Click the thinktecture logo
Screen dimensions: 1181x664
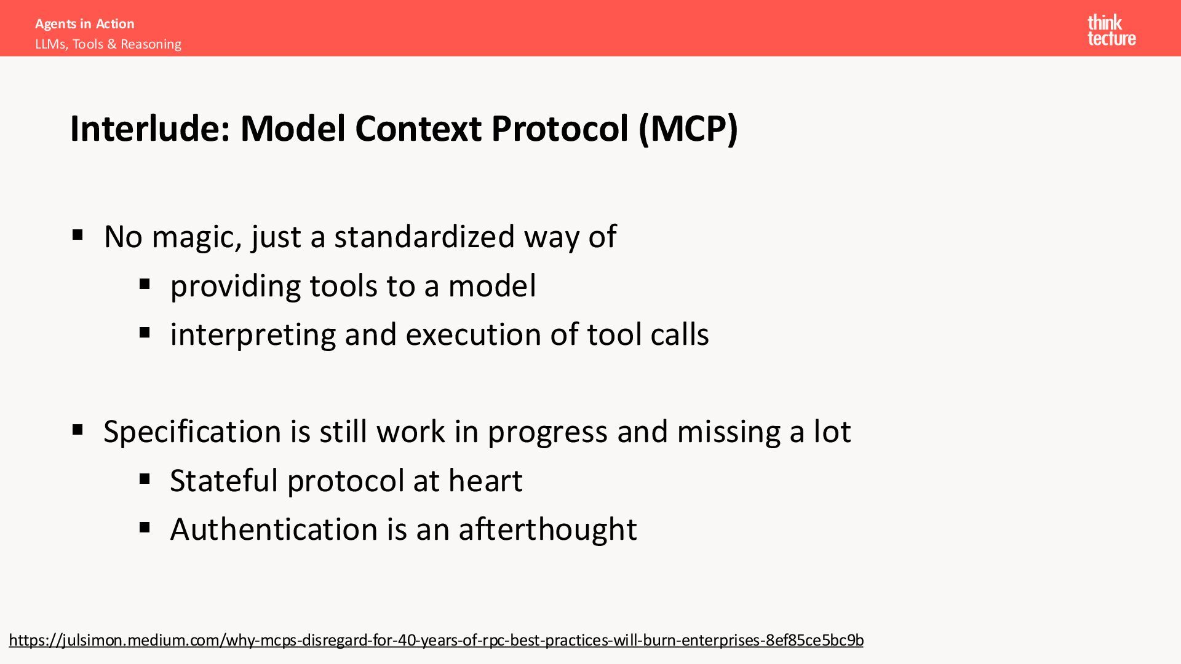click(1111, 30)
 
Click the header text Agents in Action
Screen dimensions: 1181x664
click(85, 24)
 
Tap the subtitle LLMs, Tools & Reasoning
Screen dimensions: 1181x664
click(108, 44)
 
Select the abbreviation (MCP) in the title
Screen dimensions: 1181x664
click(688, 128)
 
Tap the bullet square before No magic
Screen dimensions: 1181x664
click(78, 234)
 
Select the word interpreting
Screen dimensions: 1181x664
click(253, 336)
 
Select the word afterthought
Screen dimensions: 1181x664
click(547, 529)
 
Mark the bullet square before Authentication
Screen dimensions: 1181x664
click(145, 527)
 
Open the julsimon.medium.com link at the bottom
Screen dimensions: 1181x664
click(436, 641)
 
